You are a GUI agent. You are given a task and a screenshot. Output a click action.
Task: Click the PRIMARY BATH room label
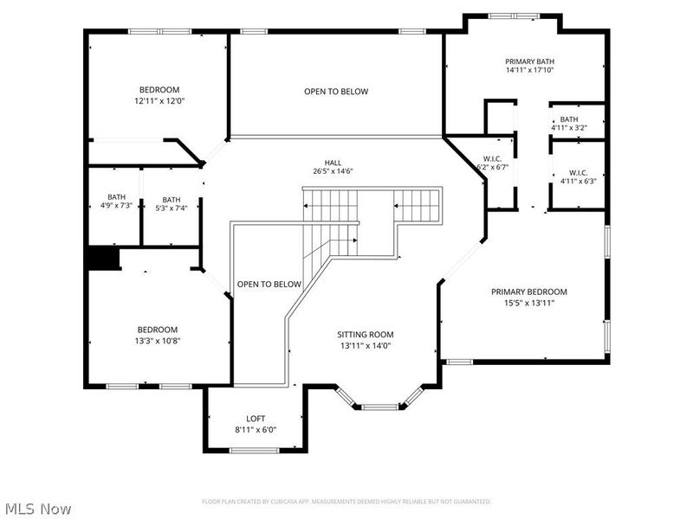(x=529, y=61)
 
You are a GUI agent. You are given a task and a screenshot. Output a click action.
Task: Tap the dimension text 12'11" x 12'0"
(x=159, y=101)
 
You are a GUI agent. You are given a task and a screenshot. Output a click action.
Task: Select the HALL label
(x=333, y=161)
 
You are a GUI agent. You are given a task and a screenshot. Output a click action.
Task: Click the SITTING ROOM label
(x=365, y=334)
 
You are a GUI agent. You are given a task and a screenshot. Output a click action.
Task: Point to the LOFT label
(x=255, y=418)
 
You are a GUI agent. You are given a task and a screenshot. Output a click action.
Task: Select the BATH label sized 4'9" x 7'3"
(x=116, y=197)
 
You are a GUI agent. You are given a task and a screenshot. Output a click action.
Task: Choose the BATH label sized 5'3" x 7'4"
(x=172, y=199)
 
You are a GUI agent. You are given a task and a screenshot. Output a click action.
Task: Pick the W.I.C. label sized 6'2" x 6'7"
(x=492, y=158)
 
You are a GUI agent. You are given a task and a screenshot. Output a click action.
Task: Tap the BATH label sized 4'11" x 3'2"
(x=568, y=119)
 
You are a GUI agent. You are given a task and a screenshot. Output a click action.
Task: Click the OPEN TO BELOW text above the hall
(x=335, y=92)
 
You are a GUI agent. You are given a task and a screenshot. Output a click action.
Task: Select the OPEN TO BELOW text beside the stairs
(x=269, y=285)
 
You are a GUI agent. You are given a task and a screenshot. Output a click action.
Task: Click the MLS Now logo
(x=37, y=509)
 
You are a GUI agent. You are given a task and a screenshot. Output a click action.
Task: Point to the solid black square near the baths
(x=103, y=259)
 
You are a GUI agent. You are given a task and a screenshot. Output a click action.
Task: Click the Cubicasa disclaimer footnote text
(x=346, y=502)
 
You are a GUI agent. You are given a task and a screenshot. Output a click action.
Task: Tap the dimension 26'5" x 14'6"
(x=333, y=171)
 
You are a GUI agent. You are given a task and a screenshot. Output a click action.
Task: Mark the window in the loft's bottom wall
(x=255, y=449)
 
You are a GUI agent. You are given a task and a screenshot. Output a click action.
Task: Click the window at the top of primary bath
(x=514, y=16)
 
